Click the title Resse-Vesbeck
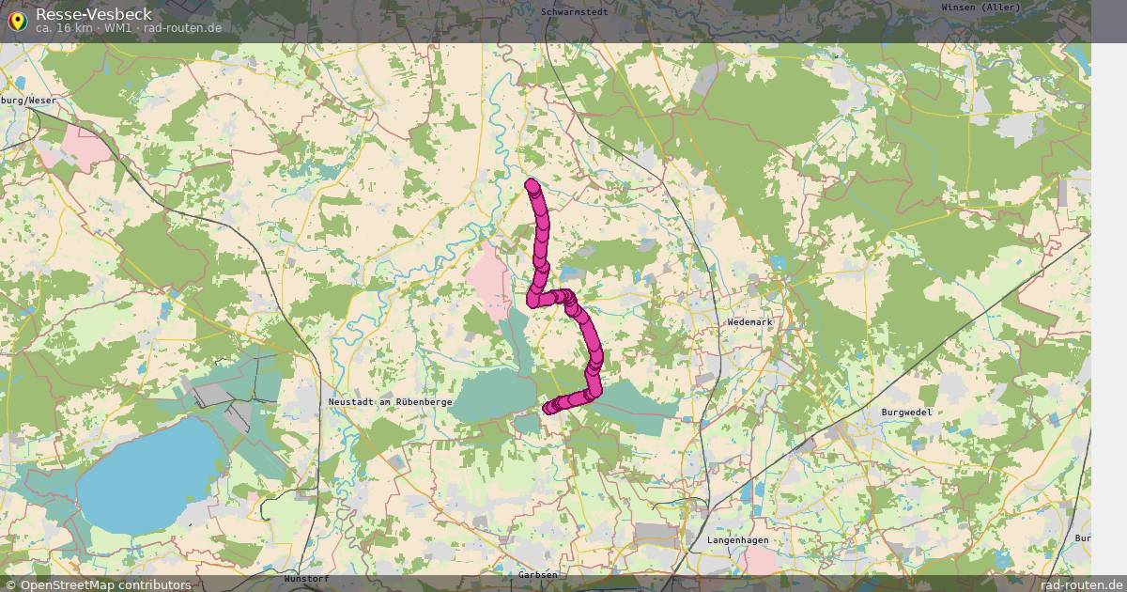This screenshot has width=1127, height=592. (x=94, y=14)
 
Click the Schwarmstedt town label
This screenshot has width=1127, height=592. (x=575, y=11)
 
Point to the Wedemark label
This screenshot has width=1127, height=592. (x=749, y=322)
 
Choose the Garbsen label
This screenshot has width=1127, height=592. (x=538, y=574)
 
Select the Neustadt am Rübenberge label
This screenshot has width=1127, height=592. (x=391, y=402)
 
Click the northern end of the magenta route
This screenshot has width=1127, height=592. (x=532, y=184)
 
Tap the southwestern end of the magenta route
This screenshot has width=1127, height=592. (x=549, y=408)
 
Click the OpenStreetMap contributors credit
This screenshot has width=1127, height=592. (x=98, y=584)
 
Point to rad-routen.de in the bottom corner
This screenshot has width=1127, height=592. (x=1082, y=584)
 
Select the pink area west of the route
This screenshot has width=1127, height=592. (x=489, y=273)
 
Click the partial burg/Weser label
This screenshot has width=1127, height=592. (x=28, y=100)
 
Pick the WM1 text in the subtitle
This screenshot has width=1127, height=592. (x=118, y=28)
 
